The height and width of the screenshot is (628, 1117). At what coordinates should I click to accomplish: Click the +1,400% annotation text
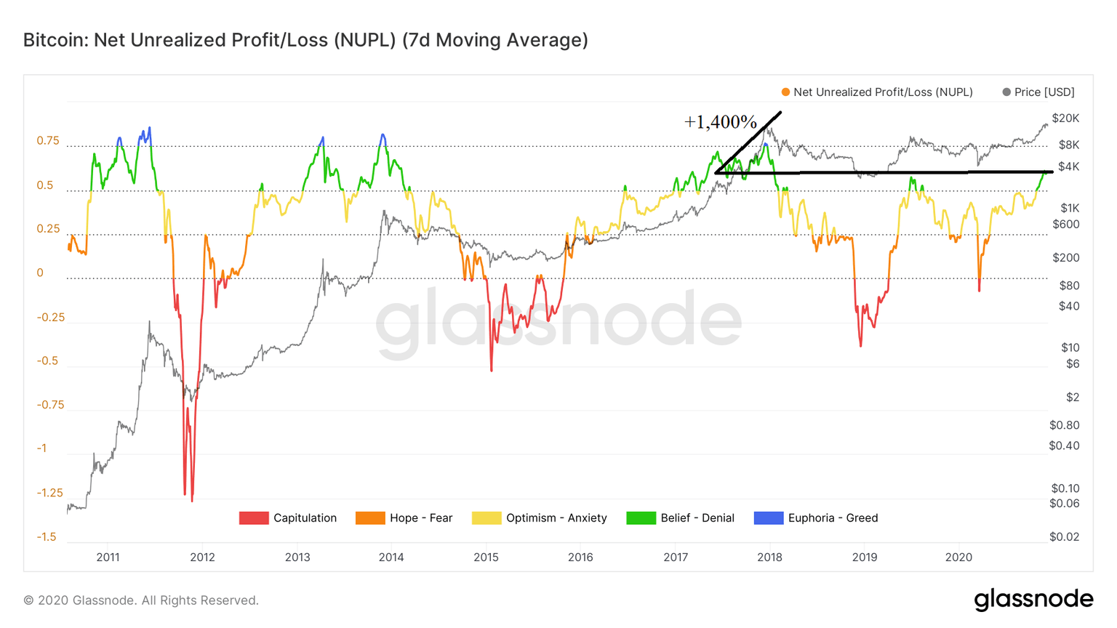pyautogui.click(x=720, y=122)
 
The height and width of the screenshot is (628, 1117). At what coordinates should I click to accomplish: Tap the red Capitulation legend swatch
pyautogui.click(x=253, y=518)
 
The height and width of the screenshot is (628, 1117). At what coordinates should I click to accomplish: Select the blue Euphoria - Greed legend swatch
pyautogui.click(x=768, y=518)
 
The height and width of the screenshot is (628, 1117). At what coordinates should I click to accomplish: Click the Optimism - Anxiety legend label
pyautogui.click(x=556, y=518)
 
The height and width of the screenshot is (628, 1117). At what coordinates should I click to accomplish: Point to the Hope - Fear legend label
pyautogui.click(x=420, y=518)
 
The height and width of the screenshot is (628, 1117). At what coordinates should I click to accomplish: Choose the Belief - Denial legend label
pyautogui.click(x=697, y=518)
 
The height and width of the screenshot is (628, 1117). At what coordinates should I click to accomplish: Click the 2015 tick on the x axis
pyautogui.click(x=486, y=557)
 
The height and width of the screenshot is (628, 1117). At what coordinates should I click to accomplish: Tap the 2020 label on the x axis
pyautogui.click(x=958, y=557)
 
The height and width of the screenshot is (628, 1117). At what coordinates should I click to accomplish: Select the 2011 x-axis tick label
pyautogui.click(x=108, y=557)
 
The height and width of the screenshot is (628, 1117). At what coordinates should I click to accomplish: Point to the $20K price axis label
pyautogui.click(x=1065, y=118)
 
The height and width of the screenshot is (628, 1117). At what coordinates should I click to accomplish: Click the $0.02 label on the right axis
pyautogui.click(x=1064, y=537)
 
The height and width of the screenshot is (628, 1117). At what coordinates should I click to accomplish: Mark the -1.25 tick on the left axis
pyautogui.click(x=50, y=493)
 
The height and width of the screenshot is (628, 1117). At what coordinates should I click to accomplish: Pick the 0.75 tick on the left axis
pyautogui.click(x=48, y=141)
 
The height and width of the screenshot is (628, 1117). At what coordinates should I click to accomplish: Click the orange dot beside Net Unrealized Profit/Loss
pyautogui.click(x=785, y=92)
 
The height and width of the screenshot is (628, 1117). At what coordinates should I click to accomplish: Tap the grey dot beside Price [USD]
pyautogui.click(x=1006, y=92)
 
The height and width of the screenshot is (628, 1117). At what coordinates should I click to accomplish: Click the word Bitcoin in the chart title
pyautogui.click(x=55, y=40)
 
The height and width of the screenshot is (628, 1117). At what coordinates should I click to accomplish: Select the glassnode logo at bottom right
pyautogui.click(x=1033, y=600)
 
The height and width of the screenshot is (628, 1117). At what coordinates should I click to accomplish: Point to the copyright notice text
pyautogui.click(x=141, y=600)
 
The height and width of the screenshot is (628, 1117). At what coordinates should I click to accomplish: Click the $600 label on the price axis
pyautogui.click(x=1066, y=225)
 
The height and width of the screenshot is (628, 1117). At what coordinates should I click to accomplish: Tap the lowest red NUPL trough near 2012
pyautogui.click(x=192, y=501)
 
